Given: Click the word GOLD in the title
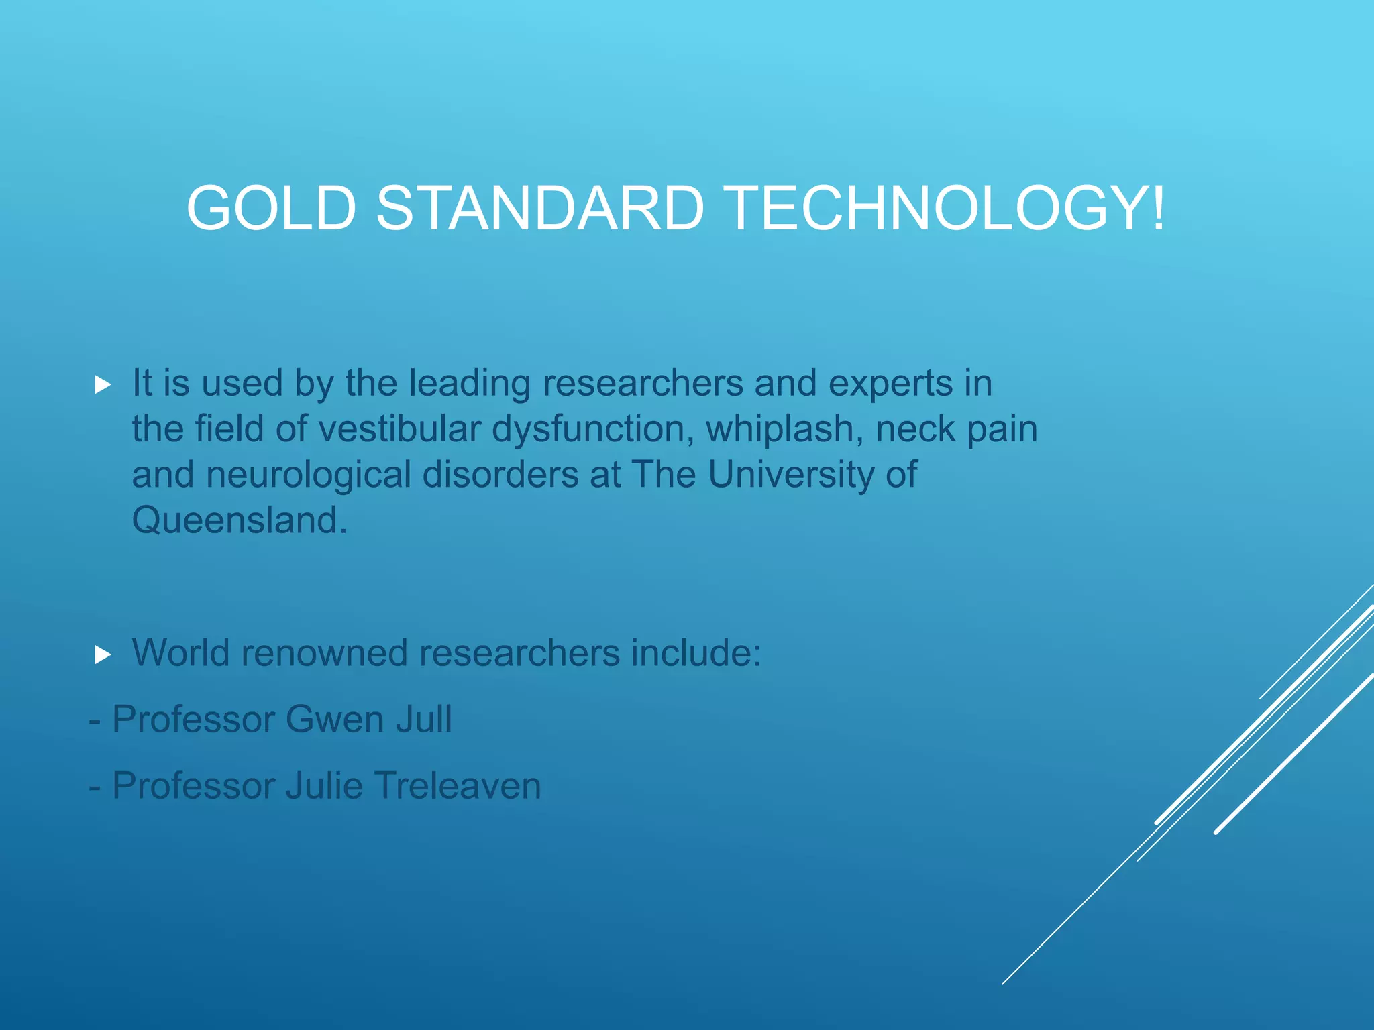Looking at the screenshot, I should tap(270, 209).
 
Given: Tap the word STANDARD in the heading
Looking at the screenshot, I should tap(540, 209).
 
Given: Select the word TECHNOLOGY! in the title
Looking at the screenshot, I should tap(945, 209).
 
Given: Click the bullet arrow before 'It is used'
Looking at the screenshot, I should tap(103, 385).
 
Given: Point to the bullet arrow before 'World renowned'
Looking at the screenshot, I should tap(103, 654).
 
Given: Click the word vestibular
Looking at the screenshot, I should tap(400, 429).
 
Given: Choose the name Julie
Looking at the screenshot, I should tap(324, 786).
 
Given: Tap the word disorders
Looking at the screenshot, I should tap(500, 475).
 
